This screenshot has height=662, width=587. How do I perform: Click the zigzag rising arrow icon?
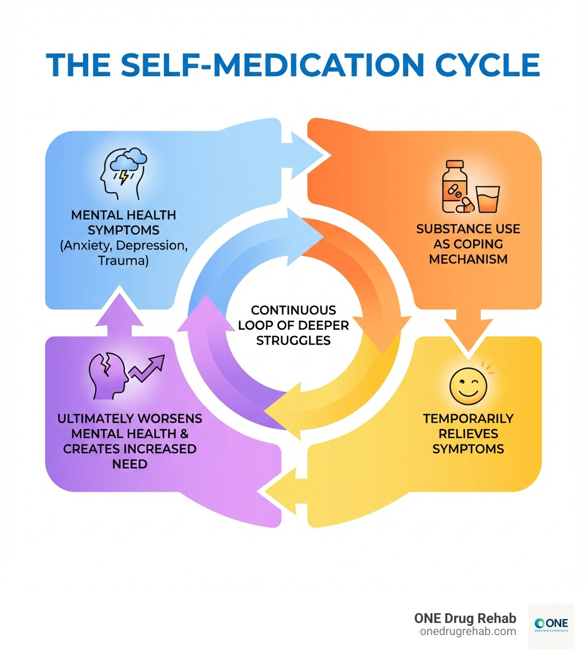point(147,368)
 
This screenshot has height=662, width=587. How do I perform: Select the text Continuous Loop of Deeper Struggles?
point(293,325)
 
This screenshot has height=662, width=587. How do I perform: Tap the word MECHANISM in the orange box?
point(468,259)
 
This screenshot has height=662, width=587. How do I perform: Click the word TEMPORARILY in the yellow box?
point(468,418)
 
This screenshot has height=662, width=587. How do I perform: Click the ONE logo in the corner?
point(550,625)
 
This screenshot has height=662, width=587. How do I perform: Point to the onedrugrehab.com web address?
point(468,632)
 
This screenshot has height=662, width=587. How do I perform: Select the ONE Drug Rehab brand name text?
point(465,618)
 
